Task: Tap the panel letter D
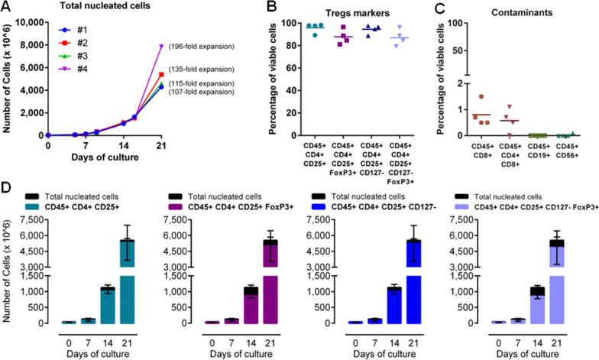[x=6, y=187]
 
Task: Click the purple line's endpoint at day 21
[x=183, y=47]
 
